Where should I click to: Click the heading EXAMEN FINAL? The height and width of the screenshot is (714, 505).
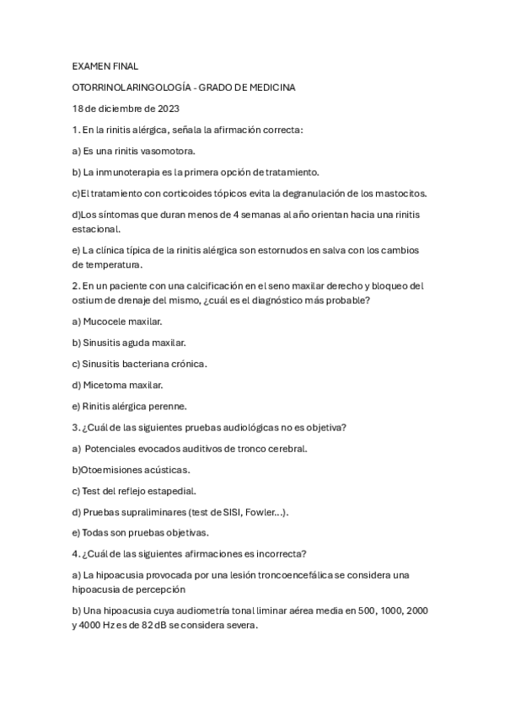(105, 65)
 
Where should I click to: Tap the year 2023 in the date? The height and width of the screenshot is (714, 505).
(164, 109)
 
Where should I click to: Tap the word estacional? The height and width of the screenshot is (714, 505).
(95, 228)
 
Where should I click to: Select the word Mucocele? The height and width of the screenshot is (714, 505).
(106, 321)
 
